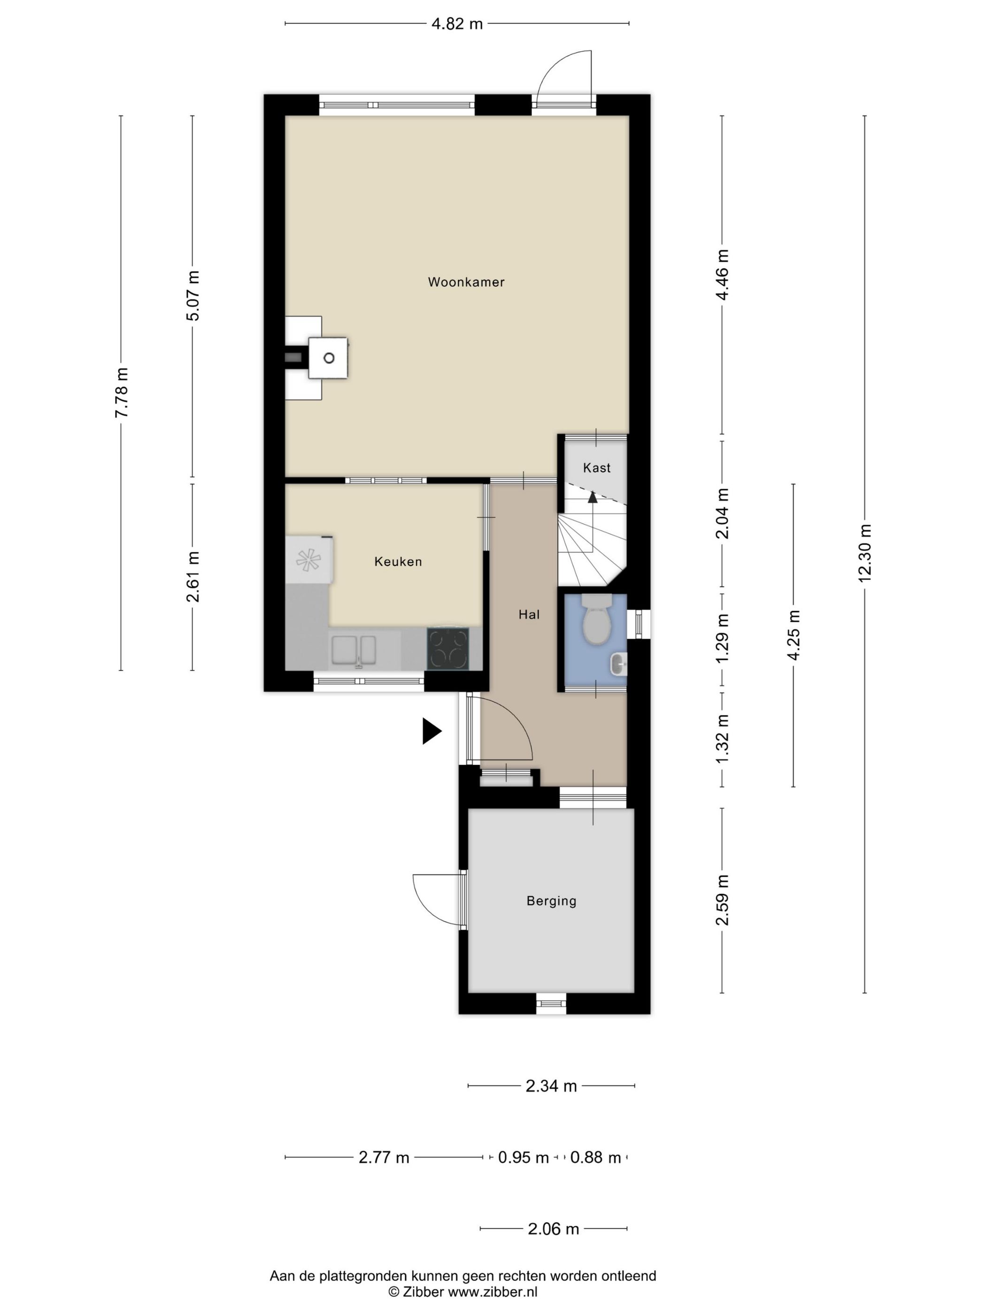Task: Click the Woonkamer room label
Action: (x=466, y=282)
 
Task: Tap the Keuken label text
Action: (x=398, y=561)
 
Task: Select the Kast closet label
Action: (x=597, y=467)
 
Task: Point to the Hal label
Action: (x=529, y=614)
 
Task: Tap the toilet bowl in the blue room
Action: (x=597, y=620)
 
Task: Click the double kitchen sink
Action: (x=354, y=650)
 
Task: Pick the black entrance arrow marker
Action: (x=431, y=731)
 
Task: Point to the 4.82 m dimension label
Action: (x=456, y=24)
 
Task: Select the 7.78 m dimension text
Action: (x=121, y=393)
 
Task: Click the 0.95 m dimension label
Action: (x=523, y=1157)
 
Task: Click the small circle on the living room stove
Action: (x=329, y=358)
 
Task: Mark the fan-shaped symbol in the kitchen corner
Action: (x=308, y=559)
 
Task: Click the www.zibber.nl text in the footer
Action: (x=493, y=1291)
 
